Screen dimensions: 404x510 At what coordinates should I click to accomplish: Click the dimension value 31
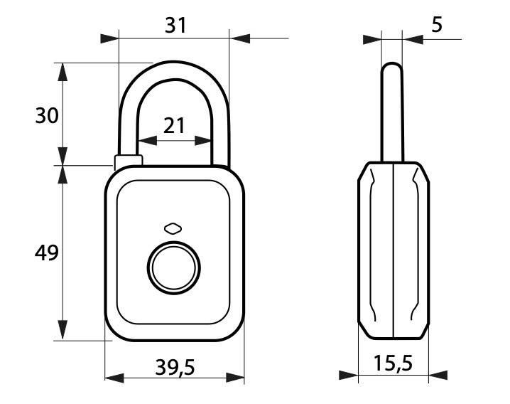(x=175, y=25)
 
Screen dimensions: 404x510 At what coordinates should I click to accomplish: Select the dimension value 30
(x=47, y=115)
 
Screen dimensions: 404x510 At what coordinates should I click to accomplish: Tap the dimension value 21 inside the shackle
(x=174, y=126)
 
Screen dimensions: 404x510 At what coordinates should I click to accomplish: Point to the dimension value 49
(x=47, y=252)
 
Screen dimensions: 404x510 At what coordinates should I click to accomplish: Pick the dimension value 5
(x=436, y=25)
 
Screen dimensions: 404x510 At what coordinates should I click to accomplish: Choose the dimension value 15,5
(x=392, y=364)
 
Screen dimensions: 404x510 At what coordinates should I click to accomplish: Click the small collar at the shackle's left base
(x=128, y=161)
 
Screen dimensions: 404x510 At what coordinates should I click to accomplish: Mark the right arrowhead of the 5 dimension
(x=410, y=38)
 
